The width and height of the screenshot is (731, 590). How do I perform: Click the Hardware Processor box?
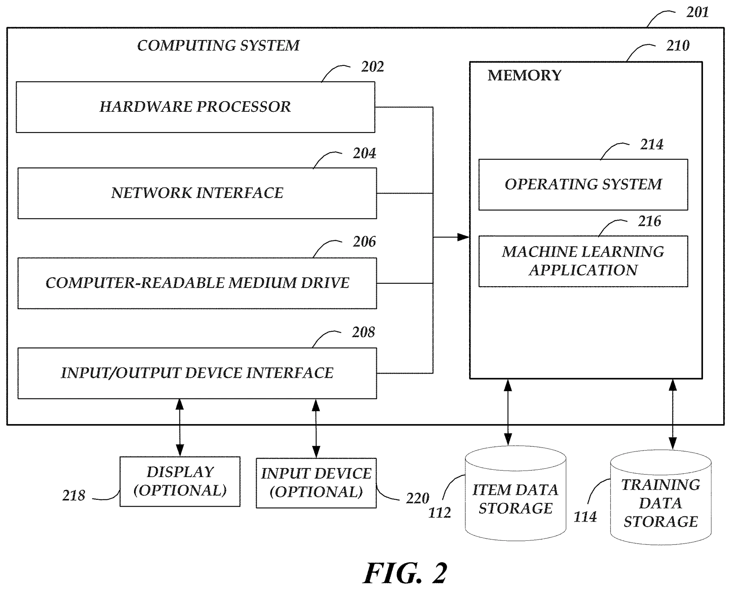coord(195,107)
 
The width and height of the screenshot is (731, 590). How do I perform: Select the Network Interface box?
coord(197,193)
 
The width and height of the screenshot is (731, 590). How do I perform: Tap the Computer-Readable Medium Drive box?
coord(197,283)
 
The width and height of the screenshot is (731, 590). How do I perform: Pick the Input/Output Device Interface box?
coord(197,373)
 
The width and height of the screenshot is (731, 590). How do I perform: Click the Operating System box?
coord(583,185)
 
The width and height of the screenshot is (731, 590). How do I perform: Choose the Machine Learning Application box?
coord(583,261)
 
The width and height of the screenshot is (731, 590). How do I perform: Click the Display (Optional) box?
coord(180,481)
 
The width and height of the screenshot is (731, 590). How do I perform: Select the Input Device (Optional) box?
coord(316,483)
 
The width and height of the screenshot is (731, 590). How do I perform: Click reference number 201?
coord(698,12)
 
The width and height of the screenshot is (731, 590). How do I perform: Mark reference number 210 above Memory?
coord(678,46)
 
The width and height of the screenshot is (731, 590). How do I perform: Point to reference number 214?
coord(652,144)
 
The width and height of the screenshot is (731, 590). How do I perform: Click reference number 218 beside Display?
coord(74,496)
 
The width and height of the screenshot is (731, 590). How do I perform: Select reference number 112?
coord(440,513)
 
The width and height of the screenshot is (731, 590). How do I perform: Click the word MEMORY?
coord(524,76)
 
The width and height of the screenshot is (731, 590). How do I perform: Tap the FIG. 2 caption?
coord(405,573)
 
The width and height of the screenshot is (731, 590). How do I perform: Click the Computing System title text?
coord(218,46)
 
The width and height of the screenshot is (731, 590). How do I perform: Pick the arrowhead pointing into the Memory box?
coord(463,237)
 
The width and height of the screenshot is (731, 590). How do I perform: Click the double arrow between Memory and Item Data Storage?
coord(508,412)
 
